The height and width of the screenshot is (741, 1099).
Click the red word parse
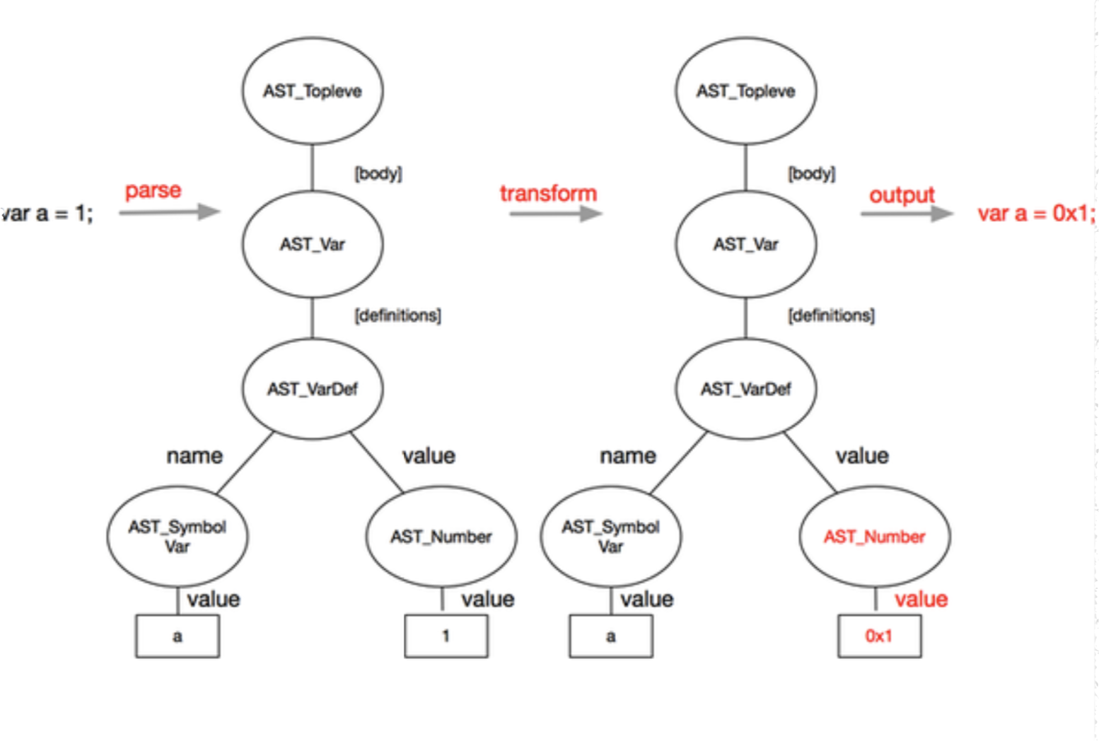click(x=153, y=191)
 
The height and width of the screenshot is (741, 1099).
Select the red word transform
click(x=549, y=194)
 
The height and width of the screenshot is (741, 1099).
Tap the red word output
click(x=902, y=195)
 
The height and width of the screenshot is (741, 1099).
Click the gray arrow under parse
click(x=170, y=212)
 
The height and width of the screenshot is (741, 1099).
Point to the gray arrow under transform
click(x=556, y=214)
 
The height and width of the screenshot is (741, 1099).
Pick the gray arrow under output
click(x=907, y=214)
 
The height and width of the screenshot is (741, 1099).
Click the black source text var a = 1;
click(x=47, y=214)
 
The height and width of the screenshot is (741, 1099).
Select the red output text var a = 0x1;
click(x=1036, y=214)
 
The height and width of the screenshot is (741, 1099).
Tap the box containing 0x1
click(x=879, y=636)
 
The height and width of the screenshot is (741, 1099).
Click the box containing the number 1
click(x=446, y=636)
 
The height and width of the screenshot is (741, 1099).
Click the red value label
click(x=921, y=600)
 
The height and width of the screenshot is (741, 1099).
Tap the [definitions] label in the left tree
click(x=398, y=315)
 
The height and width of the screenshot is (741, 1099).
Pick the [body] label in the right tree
click(x=811, y=173)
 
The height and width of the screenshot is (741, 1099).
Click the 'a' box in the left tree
click(x=178, y=636)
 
